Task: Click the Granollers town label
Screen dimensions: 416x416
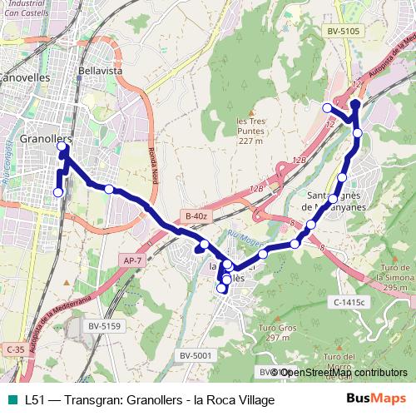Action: point(46,139)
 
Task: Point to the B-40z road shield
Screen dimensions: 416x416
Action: point(196,216)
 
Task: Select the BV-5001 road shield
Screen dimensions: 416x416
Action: point(196,356)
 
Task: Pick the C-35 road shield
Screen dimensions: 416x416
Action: point(13,350)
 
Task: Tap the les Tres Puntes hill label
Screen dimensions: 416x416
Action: point(250,130)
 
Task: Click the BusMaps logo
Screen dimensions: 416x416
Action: point(376,399)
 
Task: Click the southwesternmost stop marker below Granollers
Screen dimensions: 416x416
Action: point(57,192)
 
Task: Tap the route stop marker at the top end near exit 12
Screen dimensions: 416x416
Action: point(354,103)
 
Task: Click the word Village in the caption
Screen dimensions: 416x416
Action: point(255,400)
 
